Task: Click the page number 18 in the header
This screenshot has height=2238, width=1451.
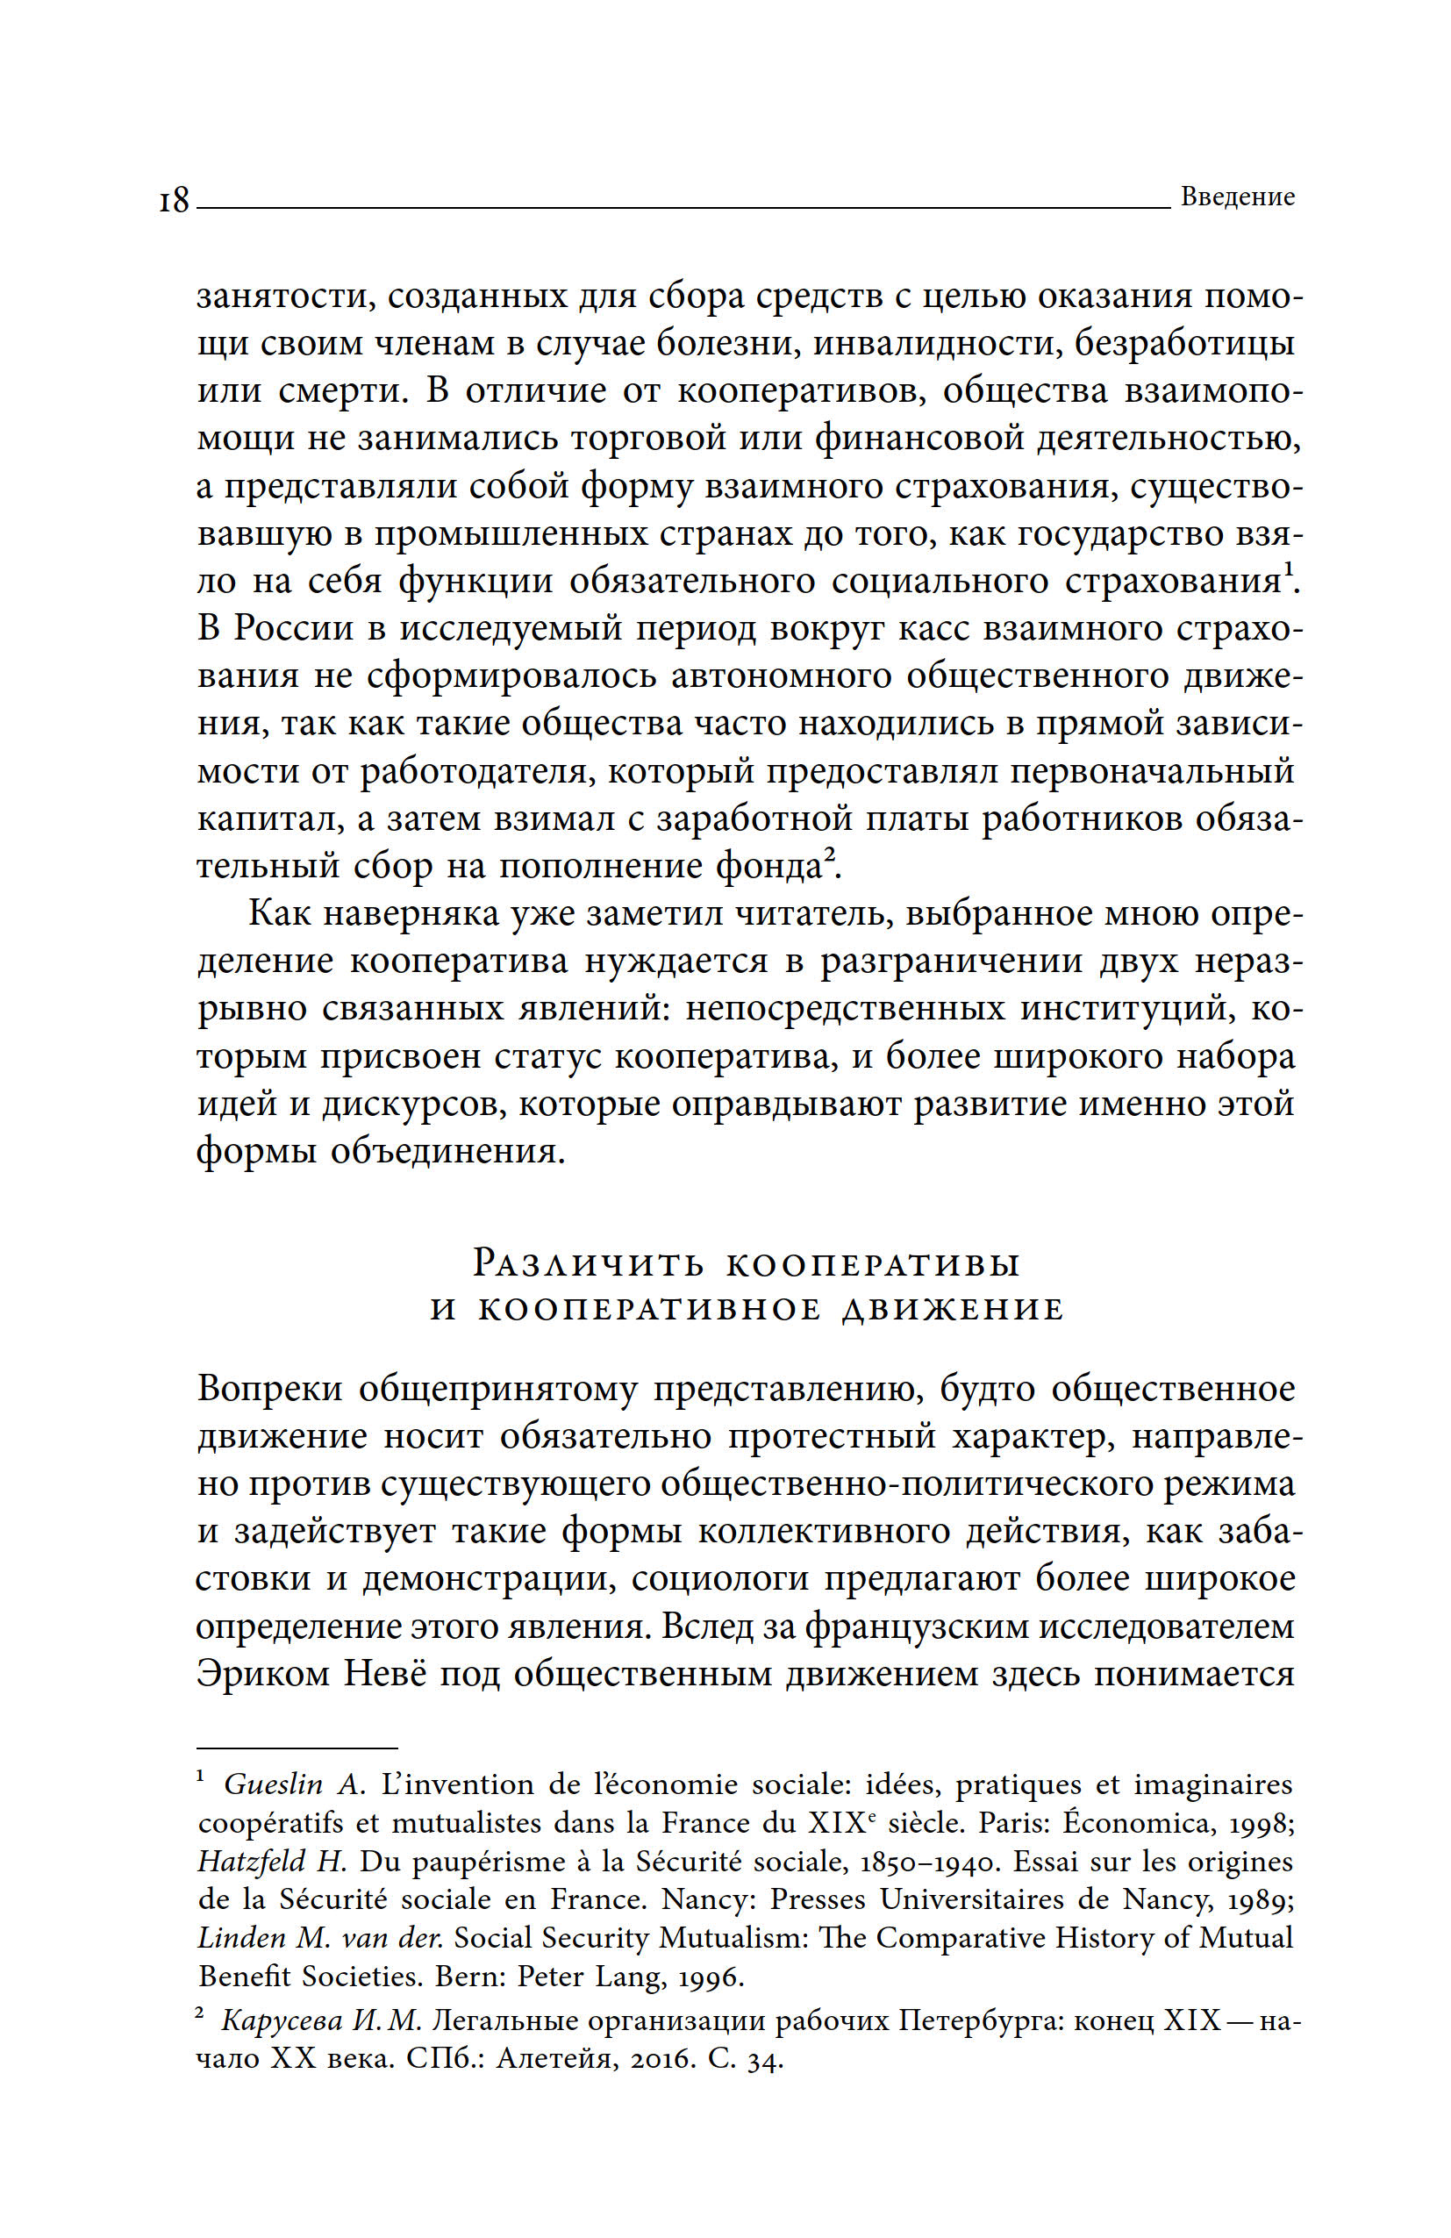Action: pos(174,200)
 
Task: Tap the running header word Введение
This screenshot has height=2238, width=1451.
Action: pos(1237,197)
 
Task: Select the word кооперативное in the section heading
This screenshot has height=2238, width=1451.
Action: pos(650,1309)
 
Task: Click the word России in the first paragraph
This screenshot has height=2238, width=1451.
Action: pos(292,628)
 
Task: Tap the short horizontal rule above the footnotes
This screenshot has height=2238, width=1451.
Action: pos(297,1747)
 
